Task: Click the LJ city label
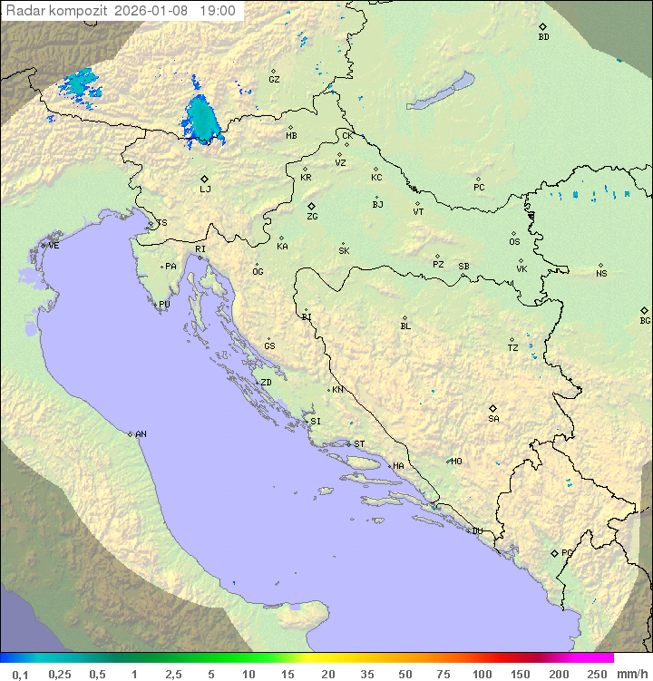pyautogui.click(x=205, y=190)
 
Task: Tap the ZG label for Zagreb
pyautogui.click(x=312, y=217)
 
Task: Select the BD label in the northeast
pyautogui.click(x=543, y=37)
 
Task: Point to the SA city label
pyautogui.click(x=493, y=419)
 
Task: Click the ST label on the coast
pyautogui.click(x=359, y=444)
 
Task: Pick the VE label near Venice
pyautogui.click(x=54, y=246)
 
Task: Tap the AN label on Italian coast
pyautogui.click(x=141, y=434)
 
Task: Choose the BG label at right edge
pyautogui.click(x=645, y=321)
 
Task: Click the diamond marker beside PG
pyautogui.click(x=554, y=553)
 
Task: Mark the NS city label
pyautogui.click(x=601, y=274)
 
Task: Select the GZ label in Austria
pyautogui.click(x=274, y=80)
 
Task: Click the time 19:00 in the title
pyautogui.click(x=218, y=12)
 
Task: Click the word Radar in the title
pyautogui.click(x=24, y=12)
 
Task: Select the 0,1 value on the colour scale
pyautogui.click(x=20, y=674)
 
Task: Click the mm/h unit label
pyautogui.click(x=631, y=674)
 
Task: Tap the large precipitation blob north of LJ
pyautogui.click(x=201, y=120)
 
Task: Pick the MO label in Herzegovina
pyautogui.click(x=456, y=462)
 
